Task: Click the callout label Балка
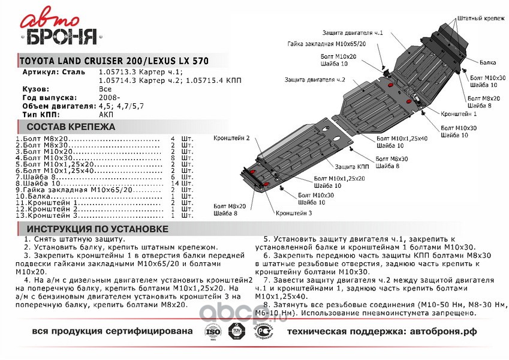[487, 62]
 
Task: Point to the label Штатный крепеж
[481, 19]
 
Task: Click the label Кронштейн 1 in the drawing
[459, 113]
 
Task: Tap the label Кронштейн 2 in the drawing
[231, 138]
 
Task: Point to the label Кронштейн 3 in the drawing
[294, 214]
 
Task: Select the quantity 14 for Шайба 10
[174, 183]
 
